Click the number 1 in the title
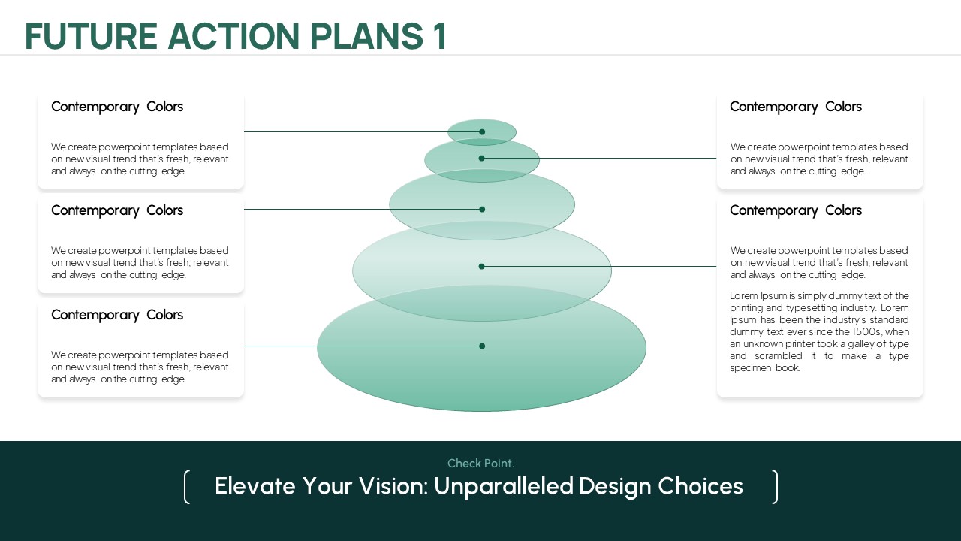440,36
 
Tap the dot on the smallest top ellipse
482,131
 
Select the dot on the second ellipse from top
481,159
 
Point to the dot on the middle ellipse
482,210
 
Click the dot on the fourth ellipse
481,267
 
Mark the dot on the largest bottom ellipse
482,346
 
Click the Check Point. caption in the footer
480,464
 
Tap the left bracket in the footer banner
187,487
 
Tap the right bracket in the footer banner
774,487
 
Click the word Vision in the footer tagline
393,486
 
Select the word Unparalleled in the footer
504,487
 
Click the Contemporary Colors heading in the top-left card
117,107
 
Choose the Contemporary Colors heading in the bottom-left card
117,315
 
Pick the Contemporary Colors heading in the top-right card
796,107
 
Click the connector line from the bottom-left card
363,346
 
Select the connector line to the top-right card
599,159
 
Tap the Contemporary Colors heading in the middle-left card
117,211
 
